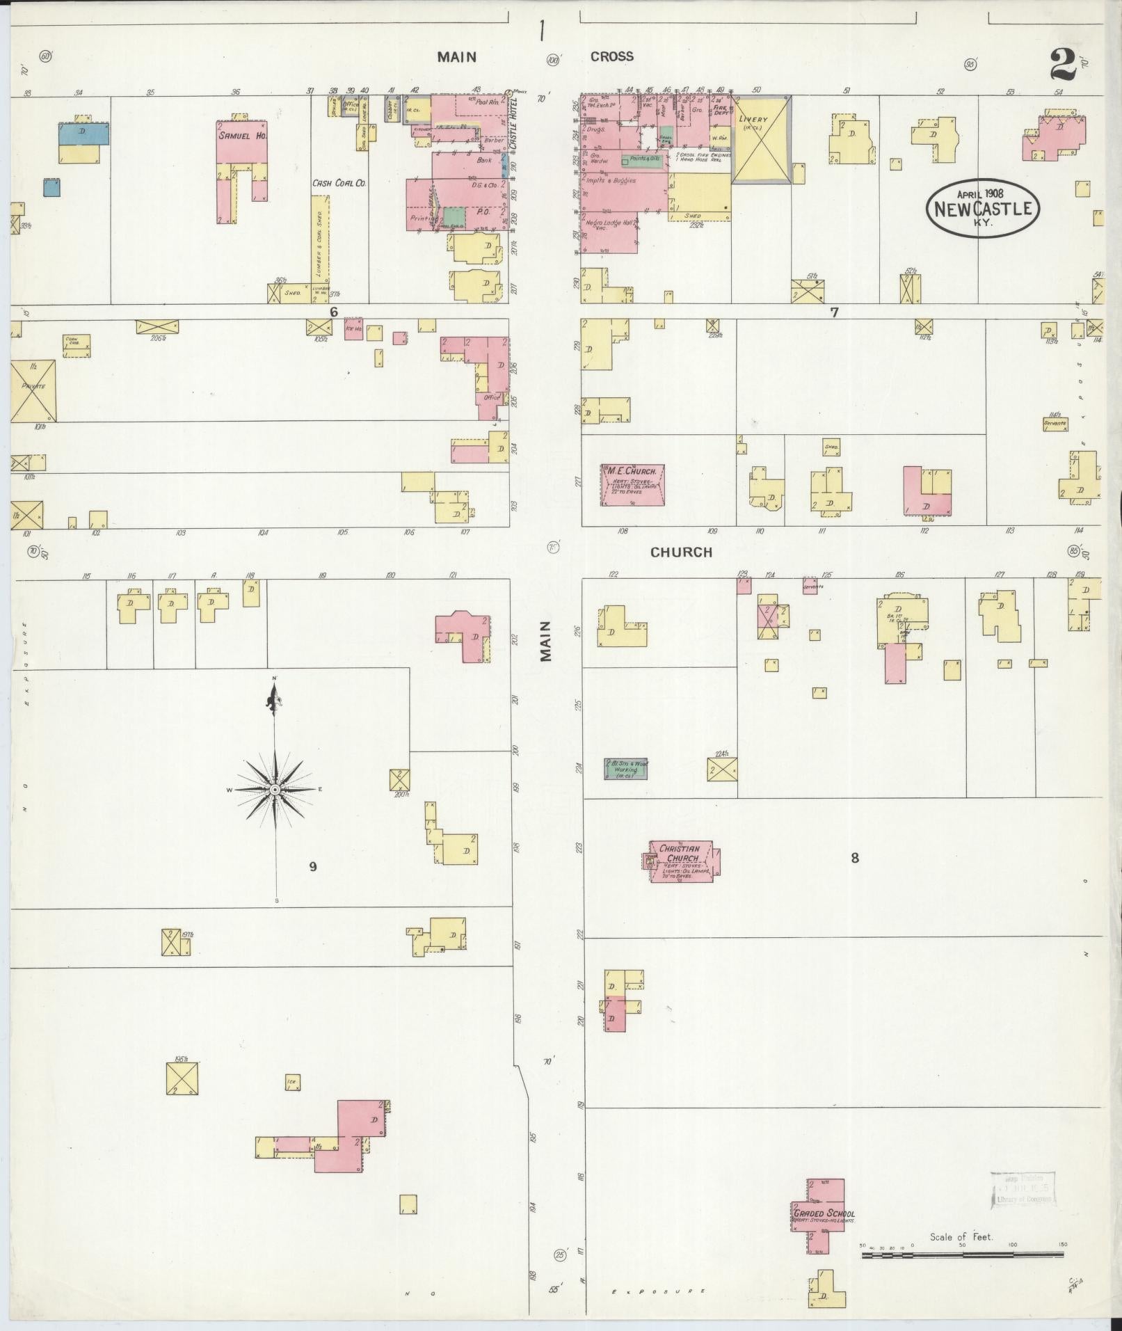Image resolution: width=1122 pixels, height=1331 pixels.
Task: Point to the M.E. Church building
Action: (632, 484)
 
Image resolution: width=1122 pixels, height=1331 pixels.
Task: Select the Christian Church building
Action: (681, 861)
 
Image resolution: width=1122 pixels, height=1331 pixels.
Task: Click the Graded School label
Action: (824, 1213)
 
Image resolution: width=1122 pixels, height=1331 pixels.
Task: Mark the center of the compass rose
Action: (275, 790)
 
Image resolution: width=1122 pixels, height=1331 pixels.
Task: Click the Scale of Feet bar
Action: (962, 1254)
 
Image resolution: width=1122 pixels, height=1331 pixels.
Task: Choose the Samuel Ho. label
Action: (242, 135)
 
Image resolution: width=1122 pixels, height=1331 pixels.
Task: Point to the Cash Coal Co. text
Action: (339, 183)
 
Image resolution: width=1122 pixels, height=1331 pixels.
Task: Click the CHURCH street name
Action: (681, 552)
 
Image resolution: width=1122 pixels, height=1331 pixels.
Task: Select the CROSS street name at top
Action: (611, 56)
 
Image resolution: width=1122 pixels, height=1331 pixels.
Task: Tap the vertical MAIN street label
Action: (545, 641)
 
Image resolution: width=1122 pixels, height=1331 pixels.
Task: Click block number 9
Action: (313, 866)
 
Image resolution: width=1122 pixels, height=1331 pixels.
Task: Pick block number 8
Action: (854, 858)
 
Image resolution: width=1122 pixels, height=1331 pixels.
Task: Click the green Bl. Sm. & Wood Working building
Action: (626, 768)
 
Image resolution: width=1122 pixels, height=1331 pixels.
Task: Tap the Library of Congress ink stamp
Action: (1023, 1188)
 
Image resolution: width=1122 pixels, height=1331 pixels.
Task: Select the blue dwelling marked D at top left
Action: (83, 134)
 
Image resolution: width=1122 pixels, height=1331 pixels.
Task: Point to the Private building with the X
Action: (33, 390)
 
